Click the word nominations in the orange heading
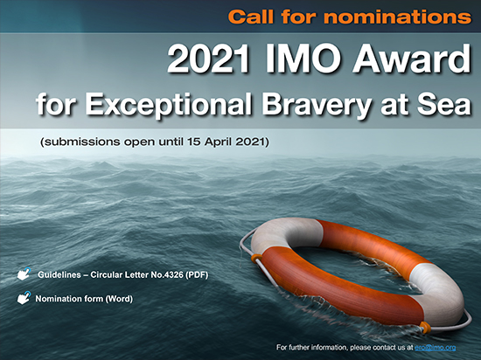(398, 17)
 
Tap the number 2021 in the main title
(208, 59)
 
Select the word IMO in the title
(303, 59)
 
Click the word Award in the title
(412, 59)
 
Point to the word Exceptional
(168, 105)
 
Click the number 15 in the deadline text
(194, 142)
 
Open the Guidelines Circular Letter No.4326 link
(122, 275)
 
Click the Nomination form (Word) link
(84, 299)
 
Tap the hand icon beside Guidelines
(24, 273)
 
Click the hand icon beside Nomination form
(24, 298)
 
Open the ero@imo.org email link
(435, 348)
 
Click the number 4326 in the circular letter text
(174, 275)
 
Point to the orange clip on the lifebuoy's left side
(256, 259)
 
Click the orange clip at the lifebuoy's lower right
(426, 327)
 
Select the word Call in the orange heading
(251, 17)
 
